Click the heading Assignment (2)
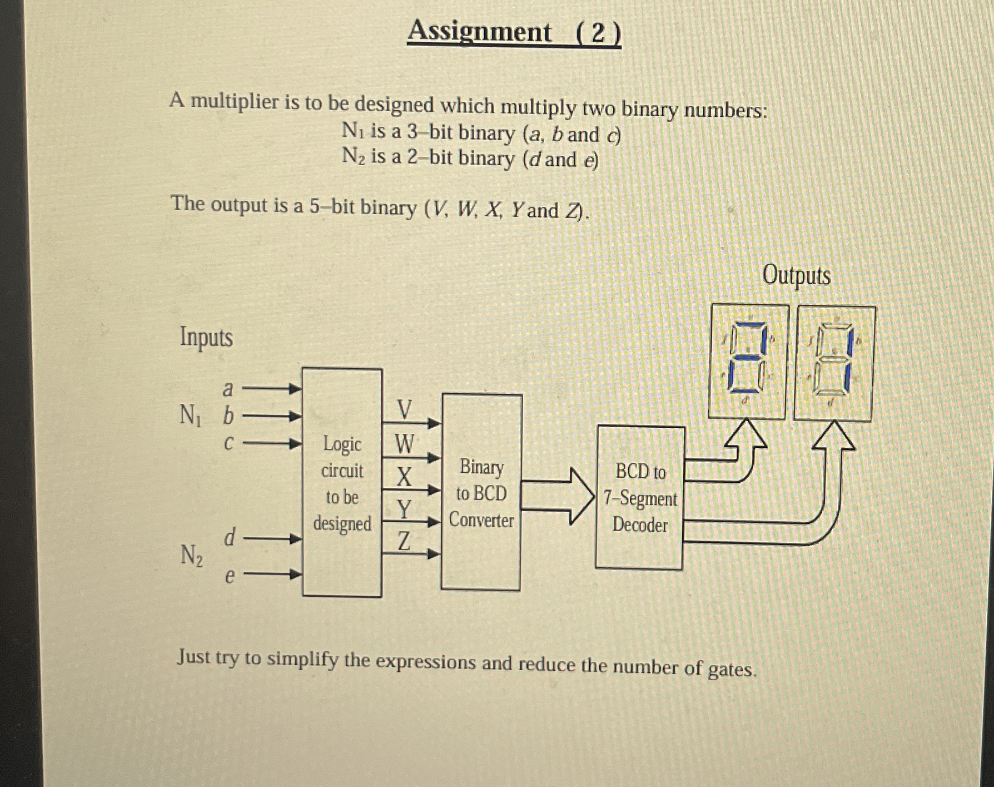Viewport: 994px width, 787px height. (514, 32)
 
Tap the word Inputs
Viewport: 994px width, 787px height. (206, 337)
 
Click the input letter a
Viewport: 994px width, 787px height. (227, 389)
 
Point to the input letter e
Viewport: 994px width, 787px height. (229, 576)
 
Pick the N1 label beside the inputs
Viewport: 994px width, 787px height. (190, 415)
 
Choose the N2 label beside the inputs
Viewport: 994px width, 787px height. (191, 555)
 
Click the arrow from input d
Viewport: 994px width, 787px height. (272, 538)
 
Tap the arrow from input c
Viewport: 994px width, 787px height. (272, 444)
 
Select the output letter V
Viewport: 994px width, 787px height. (405, 410)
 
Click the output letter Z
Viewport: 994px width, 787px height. (404, 541)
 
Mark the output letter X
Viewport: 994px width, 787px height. (404, 477)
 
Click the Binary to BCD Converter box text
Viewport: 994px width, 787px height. (481, 493)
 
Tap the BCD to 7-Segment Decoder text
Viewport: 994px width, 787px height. (640, 498)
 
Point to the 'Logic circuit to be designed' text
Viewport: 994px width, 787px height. (342, 483)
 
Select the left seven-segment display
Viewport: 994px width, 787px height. (748, 361)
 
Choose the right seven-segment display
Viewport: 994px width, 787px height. (834, 363)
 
